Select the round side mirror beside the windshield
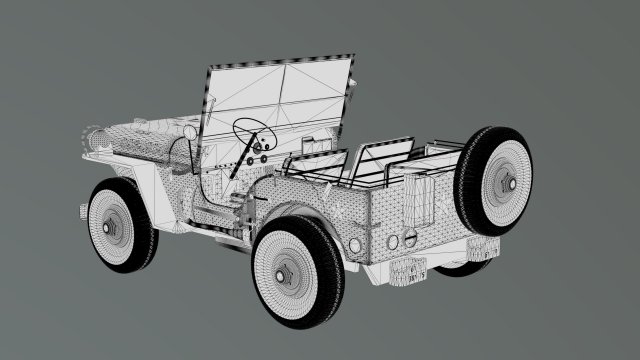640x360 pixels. pyautogui.click(x=190, y=132)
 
